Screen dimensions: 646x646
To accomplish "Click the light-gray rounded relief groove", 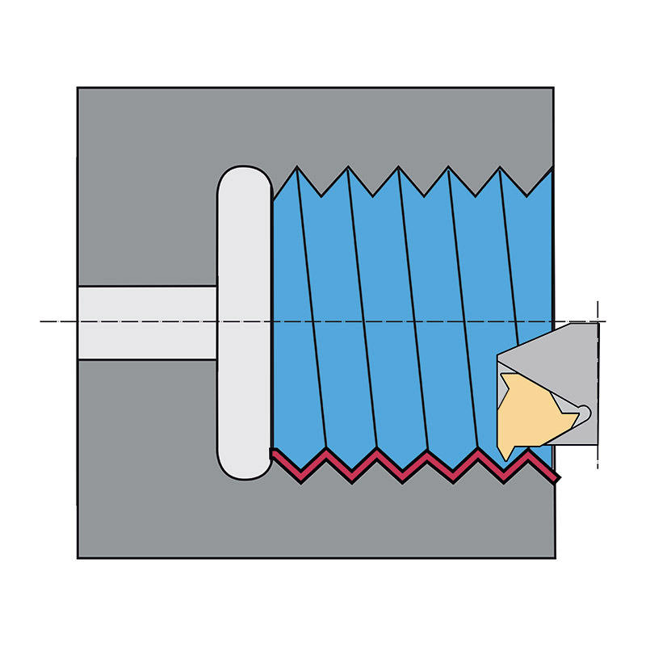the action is (243, 323).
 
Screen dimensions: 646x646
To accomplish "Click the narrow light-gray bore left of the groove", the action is (145, 322).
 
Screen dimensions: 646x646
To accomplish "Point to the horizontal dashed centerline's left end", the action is (42, 321).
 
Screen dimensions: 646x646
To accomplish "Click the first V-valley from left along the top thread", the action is (322, 195).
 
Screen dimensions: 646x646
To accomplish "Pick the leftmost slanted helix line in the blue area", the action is (311, 315).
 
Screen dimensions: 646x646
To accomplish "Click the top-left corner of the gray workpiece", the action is (78, 88).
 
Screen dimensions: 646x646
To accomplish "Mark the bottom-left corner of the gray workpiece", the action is (78, 557).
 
